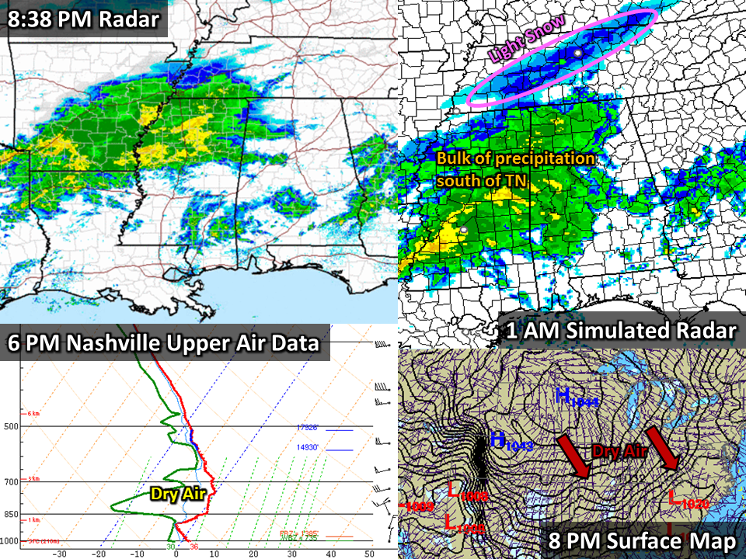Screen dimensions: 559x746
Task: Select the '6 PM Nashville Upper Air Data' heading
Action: [164, 342]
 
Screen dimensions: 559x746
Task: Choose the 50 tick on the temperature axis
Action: [369, 554]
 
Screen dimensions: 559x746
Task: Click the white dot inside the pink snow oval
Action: [578, 52]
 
